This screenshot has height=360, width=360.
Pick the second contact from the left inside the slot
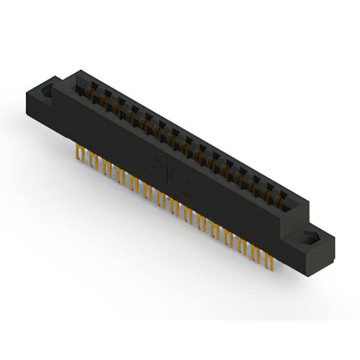(103, 100)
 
